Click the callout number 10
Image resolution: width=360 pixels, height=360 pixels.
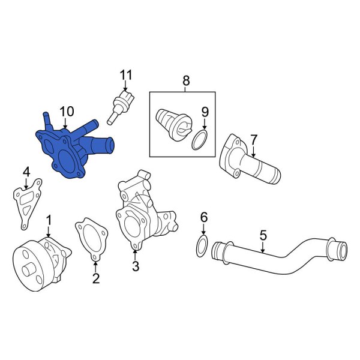(67, 112)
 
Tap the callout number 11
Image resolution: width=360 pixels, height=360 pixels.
(125, 76)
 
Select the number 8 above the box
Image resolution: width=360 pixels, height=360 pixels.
(185, 80)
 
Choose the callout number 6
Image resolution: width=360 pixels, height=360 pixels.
(203, 217)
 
